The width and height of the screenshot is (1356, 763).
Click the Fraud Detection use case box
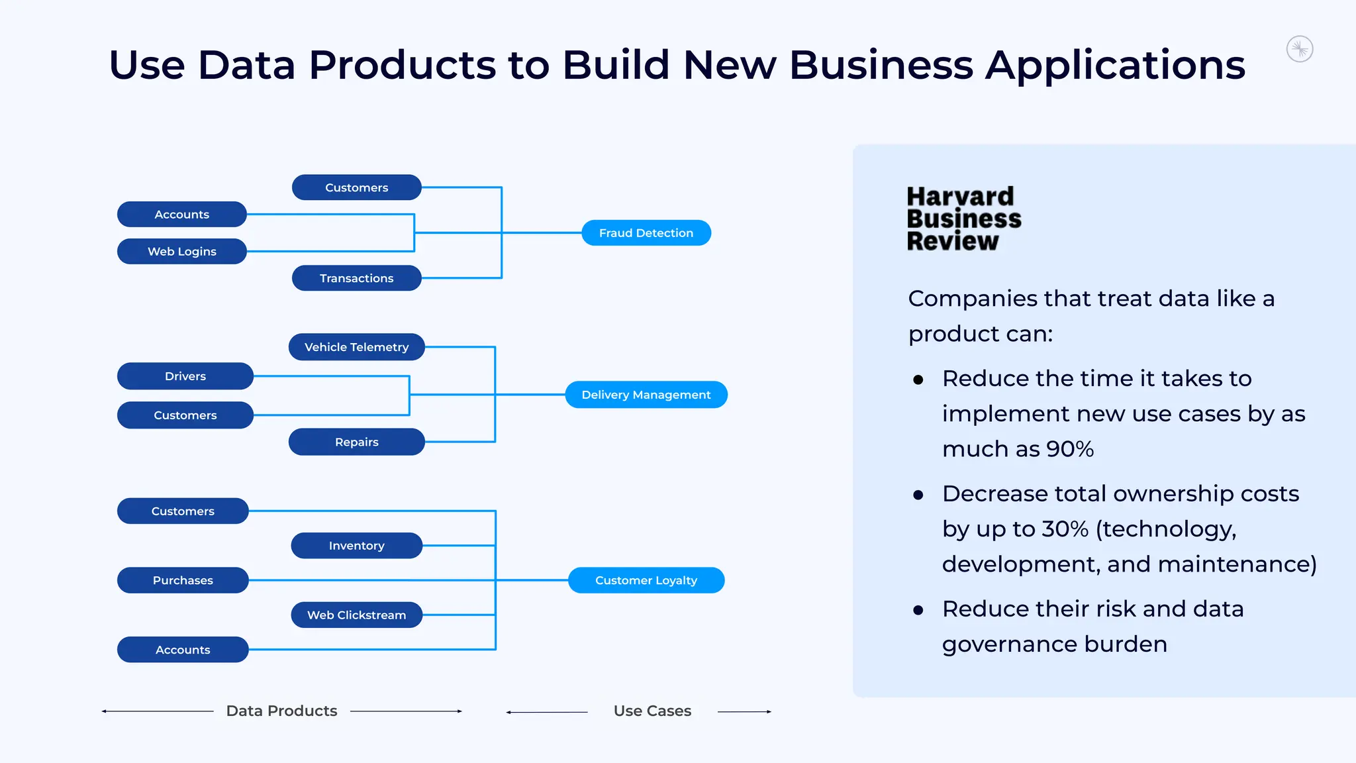click(646, 233)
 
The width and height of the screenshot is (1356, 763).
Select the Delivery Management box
click(646, 395)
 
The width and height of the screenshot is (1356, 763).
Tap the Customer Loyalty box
click(646, 580)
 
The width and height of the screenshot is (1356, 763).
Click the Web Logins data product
click(182, 252)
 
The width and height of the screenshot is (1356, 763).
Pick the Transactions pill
click(356, 278)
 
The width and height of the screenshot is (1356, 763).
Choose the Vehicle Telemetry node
click(356, 347)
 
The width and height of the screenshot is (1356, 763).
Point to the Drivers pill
click(185, 376)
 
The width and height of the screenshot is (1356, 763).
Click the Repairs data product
click(356, 442)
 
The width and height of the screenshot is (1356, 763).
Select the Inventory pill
click(356, 546)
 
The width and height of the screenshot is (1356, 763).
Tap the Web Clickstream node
click(356, 615)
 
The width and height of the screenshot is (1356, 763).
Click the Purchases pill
click(183, 580)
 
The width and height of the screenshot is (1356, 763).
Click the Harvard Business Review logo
click(963, 219)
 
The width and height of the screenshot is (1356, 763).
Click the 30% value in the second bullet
click(1065, 529)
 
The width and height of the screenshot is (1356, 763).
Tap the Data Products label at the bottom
click(281, 711)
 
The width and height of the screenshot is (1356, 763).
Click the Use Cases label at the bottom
click(652, 711)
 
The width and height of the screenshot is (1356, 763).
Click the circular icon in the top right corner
click(1300, 49)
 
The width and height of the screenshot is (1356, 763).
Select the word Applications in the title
click(1115, 65)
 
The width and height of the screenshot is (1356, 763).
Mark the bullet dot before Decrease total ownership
click(918, 495)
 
